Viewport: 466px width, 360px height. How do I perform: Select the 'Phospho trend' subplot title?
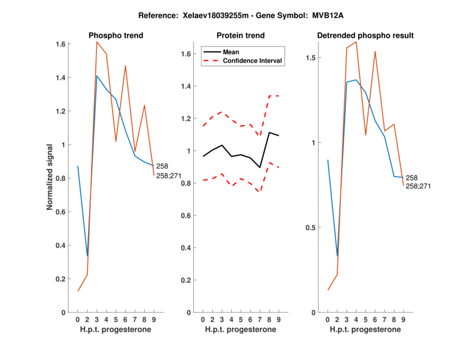[116, 36]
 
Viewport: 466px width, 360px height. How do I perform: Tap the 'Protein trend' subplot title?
[241, 36]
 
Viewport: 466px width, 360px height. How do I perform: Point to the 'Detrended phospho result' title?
[365, 36]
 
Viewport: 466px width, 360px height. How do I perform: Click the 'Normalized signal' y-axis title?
[51, 177]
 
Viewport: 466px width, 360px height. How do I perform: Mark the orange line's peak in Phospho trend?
[97, 42]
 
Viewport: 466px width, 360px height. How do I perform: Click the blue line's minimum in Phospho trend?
[87, 256]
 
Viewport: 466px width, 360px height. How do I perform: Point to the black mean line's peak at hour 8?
[269, 132]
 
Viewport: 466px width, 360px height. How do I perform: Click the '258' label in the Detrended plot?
[411, 178]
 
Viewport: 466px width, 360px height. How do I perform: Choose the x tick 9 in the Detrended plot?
[403, 319]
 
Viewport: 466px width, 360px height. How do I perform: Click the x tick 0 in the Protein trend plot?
[203, 319]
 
